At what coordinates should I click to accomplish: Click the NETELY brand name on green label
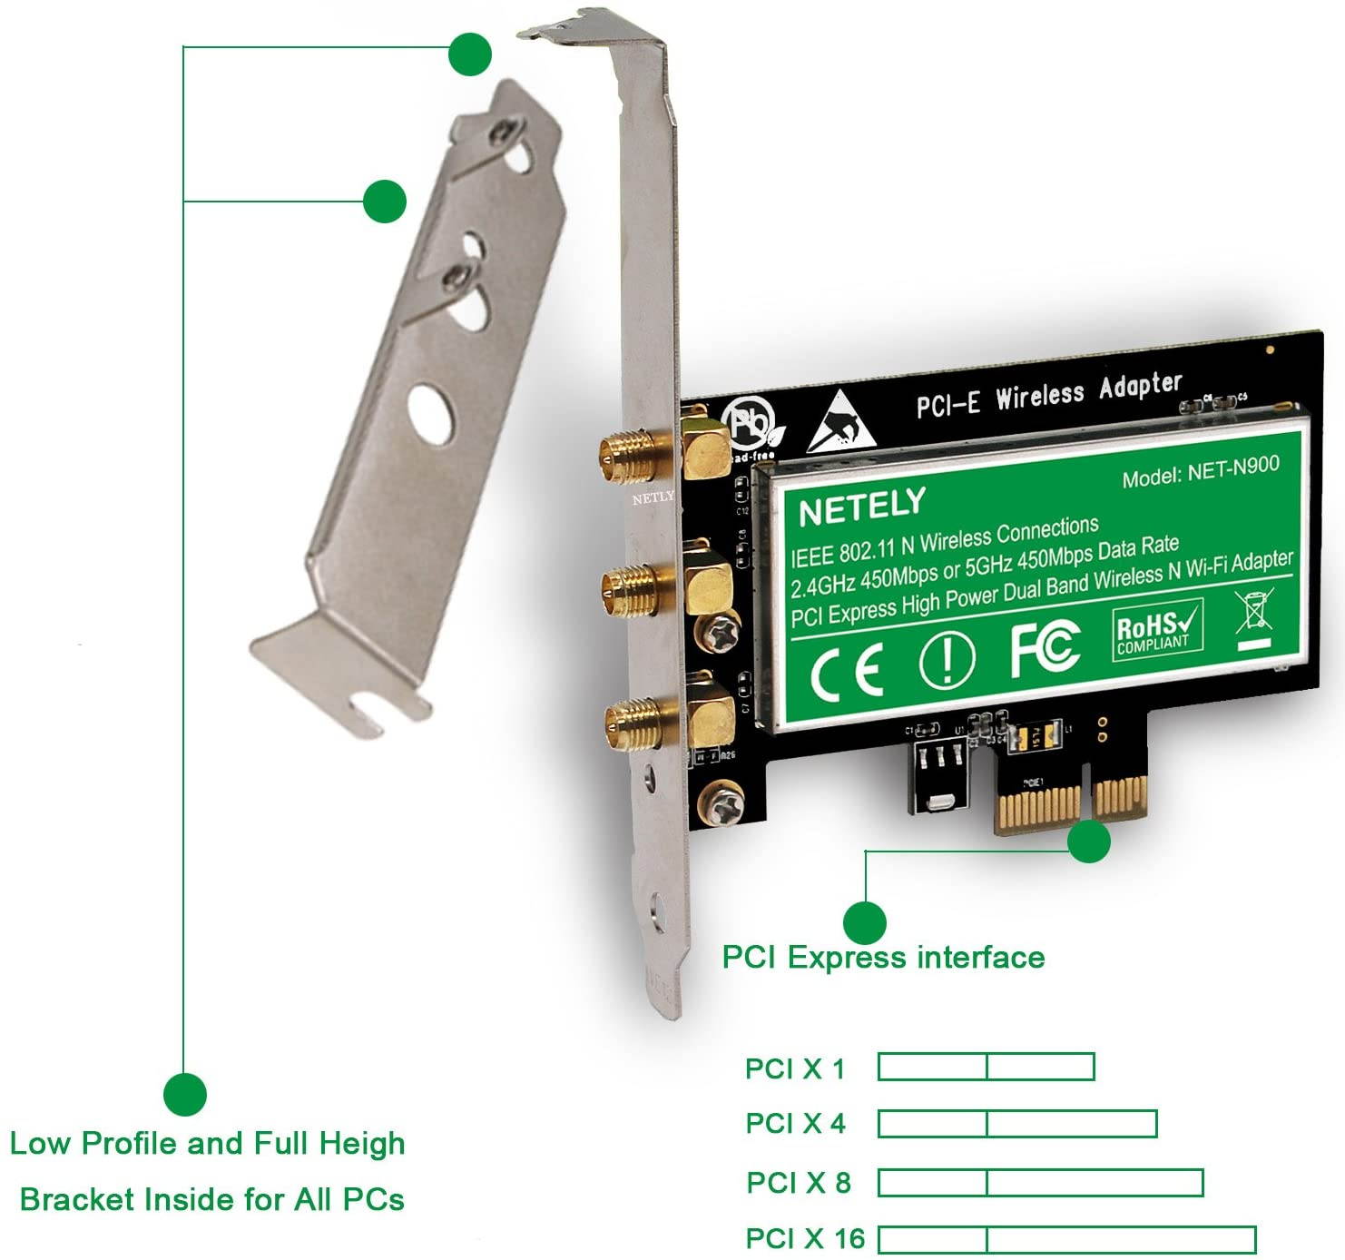coord(861,507)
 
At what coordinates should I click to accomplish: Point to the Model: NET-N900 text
coord(1200,470)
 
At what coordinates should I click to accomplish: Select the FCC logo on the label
coord(1045,647)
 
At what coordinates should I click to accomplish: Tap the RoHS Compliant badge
coord(1157,630)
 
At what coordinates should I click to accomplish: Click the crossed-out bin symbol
coord(1254,614)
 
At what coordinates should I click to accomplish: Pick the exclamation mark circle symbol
coord(947,658)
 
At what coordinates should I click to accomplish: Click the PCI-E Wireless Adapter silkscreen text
coord(1047,394)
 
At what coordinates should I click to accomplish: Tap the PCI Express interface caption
coord(882,957)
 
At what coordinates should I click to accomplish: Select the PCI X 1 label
coord(794,1068)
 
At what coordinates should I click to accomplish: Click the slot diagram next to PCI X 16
coord(1066,1239)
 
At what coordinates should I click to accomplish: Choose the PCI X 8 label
coord(798,1183)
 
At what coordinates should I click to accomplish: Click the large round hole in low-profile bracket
coord(429,414)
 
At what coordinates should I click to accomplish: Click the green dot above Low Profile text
coord(185,1094)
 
